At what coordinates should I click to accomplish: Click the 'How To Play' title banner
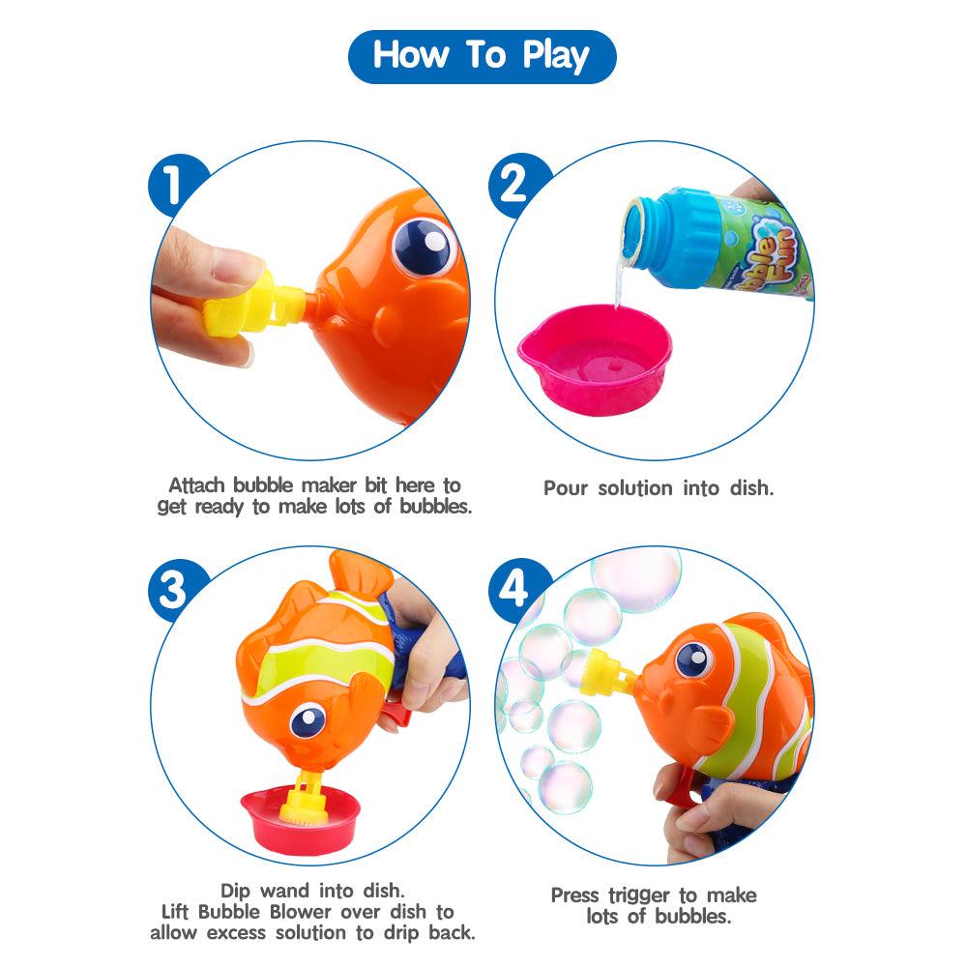483,56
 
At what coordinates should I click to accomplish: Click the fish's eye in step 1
425,247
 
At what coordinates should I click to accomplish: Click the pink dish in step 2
595,360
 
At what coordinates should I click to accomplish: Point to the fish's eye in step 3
308,719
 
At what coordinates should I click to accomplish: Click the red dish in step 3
301,819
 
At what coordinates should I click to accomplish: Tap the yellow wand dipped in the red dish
305,799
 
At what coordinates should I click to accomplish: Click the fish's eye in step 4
694,659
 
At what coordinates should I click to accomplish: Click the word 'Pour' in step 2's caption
566,488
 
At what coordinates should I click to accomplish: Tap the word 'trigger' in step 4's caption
639,896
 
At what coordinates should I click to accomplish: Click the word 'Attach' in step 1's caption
196,485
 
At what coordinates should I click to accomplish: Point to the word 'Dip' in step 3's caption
235,892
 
